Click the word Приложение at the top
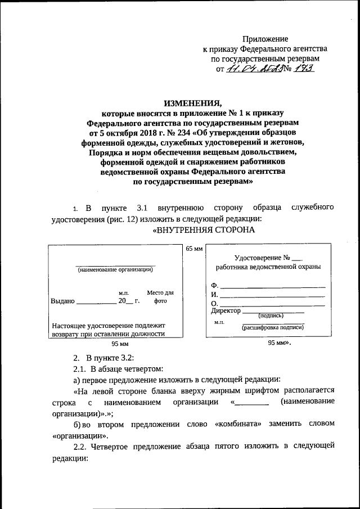[x=265, y=39]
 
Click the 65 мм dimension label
[x=193, y=248]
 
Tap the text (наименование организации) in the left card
[x=115, y=269]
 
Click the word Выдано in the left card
[x=62, y=301]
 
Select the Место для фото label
[x=160, y=296]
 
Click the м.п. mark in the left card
[x=124, y=293]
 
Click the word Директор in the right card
[x=226, y=310]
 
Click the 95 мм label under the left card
[x=120, y=344]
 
